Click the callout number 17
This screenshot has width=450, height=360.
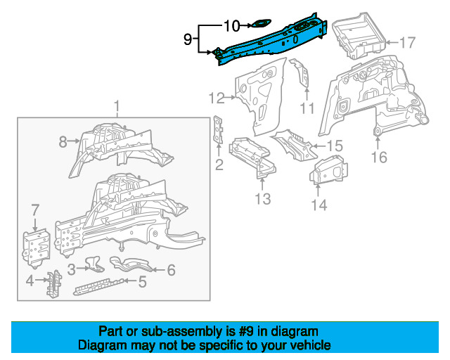point(407,43)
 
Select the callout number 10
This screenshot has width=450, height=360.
point(231,26)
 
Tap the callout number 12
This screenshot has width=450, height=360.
point(217,98)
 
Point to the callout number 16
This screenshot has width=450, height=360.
point(379,157)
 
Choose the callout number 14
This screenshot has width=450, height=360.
point(319,205)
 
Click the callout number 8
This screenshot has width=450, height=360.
point(63,141)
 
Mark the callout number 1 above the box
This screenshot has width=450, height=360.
point(117,106)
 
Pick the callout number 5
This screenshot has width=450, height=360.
point(142,282)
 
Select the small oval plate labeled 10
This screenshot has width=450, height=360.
point(261,24)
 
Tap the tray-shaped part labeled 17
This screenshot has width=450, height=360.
point(359,36)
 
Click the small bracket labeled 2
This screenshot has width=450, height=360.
point(218,129)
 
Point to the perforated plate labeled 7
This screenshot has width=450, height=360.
point(36,247)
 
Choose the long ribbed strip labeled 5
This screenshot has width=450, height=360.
point(100,286)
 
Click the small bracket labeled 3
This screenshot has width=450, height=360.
point(94,264)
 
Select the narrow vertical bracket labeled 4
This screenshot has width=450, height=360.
point(53,283)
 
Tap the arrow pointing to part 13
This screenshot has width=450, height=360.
point(262,184)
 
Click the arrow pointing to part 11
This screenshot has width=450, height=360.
point(307,94)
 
